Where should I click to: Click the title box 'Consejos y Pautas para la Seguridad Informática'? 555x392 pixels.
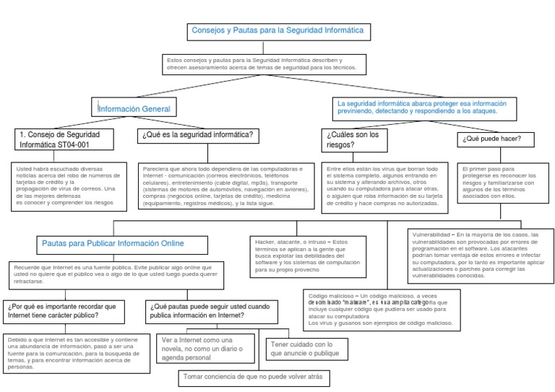277,31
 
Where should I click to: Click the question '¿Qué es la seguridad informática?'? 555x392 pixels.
198,136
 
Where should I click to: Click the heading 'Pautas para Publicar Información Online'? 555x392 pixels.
113,243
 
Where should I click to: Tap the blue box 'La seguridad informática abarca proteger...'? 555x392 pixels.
423,107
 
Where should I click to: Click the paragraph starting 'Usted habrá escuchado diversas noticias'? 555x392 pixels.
71,185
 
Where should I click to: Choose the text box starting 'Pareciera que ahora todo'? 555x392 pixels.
223,185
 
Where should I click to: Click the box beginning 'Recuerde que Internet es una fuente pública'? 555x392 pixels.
119,274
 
